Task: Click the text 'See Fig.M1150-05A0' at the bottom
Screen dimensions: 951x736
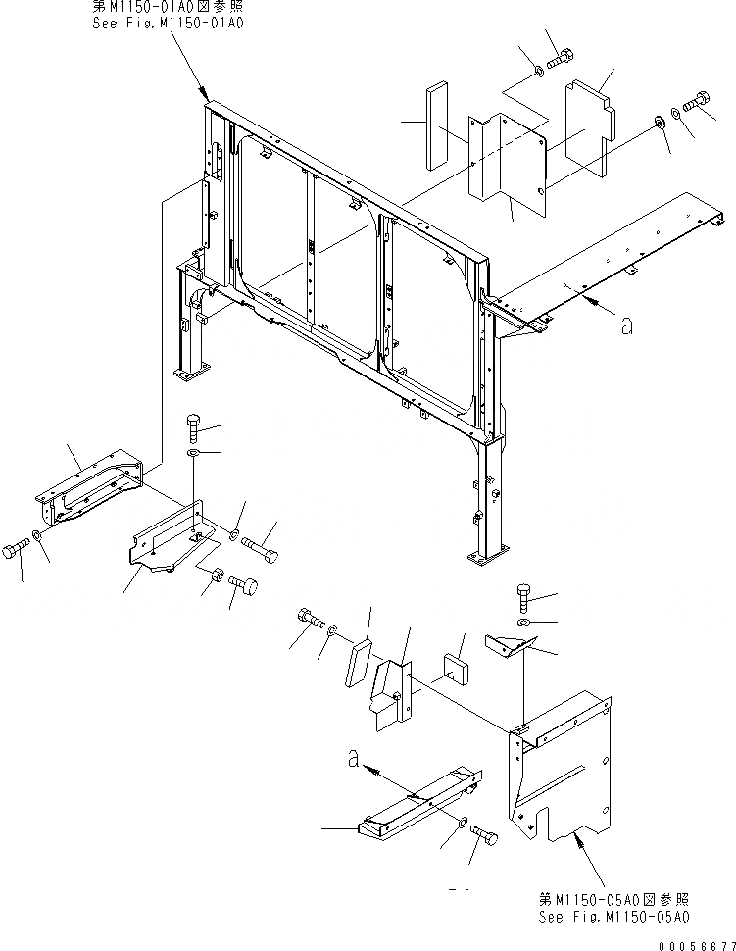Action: [x=613, y=917]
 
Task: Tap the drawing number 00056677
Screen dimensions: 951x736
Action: [x=697, y=943]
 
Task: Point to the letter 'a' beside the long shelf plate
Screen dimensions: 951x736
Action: [x=626, y=326]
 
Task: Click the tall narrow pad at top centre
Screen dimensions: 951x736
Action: [x=435, y=114]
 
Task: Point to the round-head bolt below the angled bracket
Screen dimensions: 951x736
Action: [x=245, y=587]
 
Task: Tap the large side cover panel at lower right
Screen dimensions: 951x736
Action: [x=559, y=765]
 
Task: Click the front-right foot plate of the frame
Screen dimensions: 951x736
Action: [x=487, y=560]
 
